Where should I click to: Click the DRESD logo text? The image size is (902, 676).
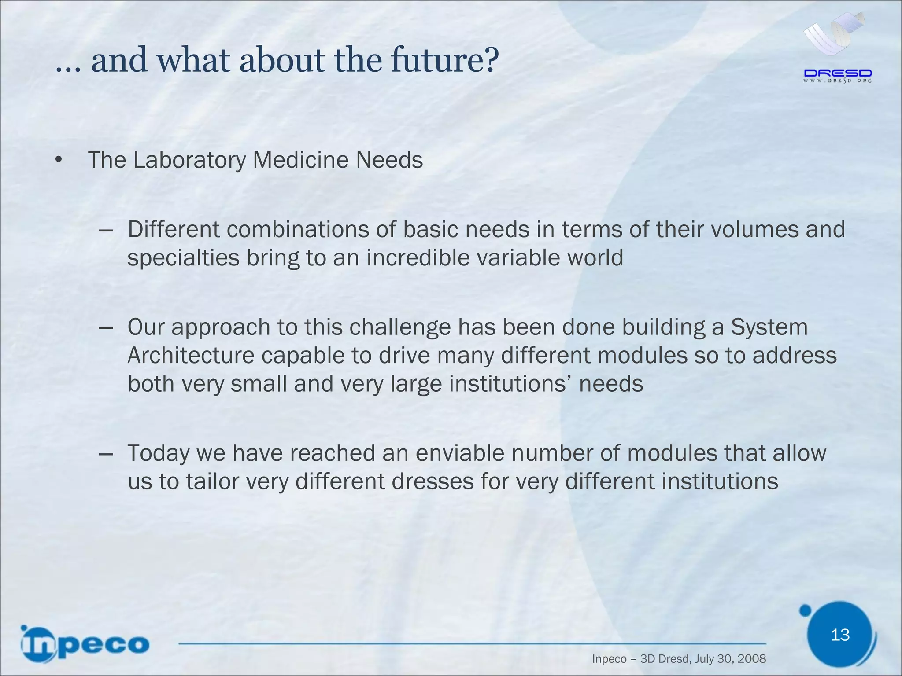tap(838, 73)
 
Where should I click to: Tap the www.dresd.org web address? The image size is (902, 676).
tap(838, 81)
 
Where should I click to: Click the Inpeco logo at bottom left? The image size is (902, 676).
tap(85, 644)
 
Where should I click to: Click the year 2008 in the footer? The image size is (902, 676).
tap(751, 659)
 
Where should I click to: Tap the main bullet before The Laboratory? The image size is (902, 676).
tap(59, 160)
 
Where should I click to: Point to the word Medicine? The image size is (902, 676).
tap(301, 160)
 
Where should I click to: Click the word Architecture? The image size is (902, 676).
tap(191, 356)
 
